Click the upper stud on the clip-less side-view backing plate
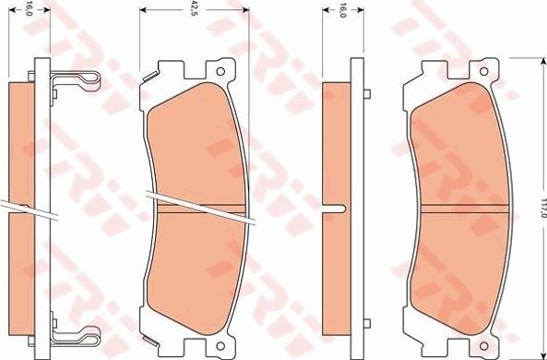[x=366, y=93]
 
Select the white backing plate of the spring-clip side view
[x=40, y=203]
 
